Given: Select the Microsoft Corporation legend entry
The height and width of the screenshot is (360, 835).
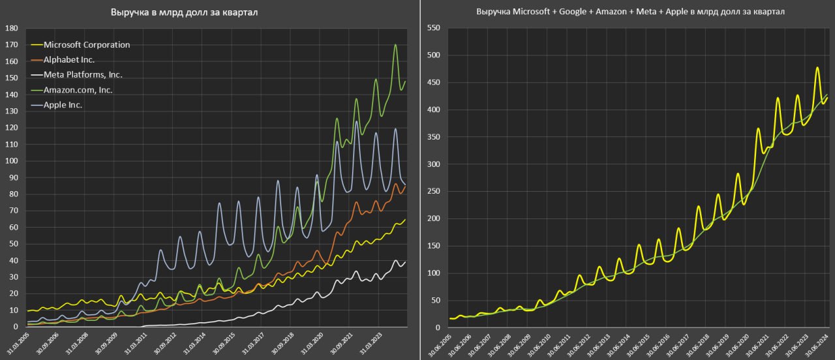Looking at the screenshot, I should point(87,45).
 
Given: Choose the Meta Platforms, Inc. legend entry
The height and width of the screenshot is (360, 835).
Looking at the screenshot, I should point(83,75).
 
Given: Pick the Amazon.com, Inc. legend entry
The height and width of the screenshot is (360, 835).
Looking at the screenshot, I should point(78,89).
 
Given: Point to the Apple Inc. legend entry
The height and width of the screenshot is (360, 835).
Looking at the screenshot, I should point(63,104).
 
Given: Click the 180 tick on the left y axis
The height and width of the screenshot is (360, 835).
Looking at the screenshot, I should point(10,29).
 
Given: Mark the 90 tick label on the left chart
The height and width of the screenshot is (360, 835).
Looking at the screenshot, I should point(12,178).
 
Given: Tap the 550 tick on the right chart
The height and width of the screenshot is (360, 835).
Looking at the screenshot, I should point(433,29).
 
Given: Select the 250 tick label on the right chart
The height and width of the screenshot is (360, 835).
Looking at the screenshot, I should point(433,192).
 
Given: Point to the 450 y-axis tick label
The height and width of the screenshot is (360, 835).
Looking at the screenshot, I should point(433,83).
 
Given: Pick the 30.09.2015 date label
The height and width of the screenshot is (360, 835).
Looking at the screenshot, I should point(223,344).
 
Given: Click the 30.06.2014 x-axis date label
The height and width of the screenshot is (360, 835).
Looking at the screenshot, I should point(619,344).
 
